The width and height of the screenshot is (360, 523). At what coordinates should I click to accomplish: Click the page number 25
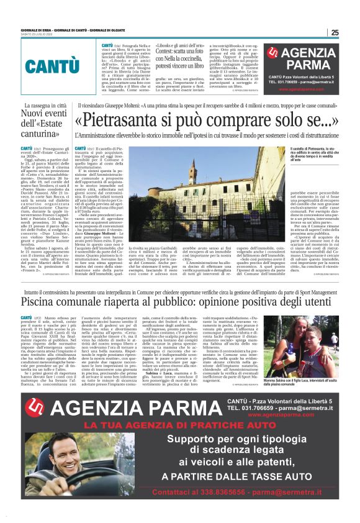point(334,33)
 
